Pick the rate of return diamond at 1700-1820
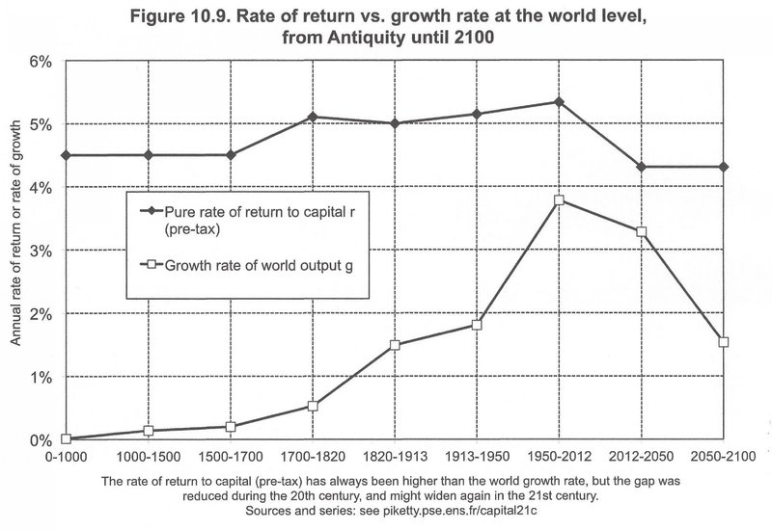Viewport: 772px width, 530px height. pos(314,117)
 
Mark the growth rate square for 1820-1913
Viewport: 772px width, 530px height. pos(396,345)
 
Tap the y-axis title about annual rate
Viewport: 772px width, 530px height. pos(17,251)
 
